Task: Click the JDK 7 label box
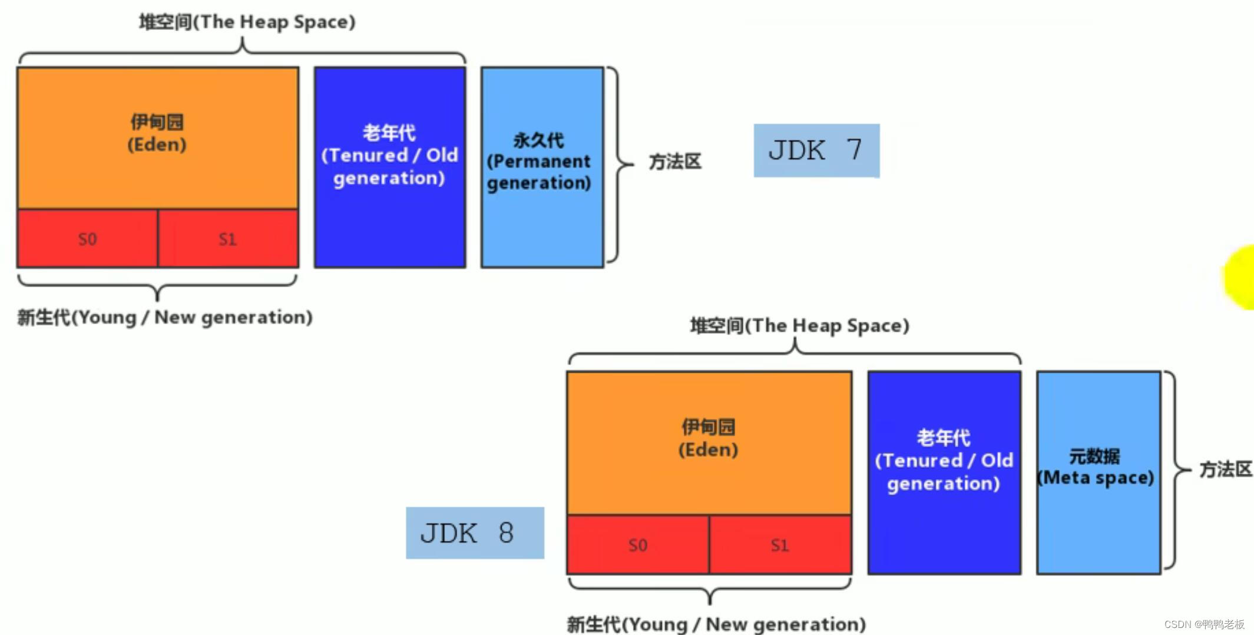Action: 816,151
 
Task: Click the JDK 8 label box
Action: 475,533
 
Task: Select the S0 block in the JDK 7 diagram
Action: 87,239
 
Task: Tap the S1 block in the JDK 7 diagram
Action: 228,239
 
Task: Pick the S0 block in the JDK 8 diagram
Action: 638,545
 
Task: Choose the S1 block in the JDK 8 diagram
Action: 780,545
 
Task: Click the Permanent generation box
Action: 542,167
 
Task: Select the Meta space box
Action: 1098,472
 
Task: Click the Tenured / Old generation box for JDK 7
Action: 389,167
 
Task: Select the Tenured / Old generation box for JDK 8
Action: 944,472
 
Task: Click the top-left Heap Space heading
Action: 247,22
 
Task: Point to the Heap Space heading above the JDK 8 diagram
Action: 799,325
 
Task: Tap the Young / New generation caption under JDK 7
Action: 165,317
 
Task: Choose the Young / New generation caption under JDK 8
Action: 716,624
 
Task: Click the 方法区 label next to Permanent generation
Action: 675,162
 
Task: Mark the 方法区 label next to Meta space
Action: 1226,470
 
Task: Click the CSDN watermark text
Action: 1204,624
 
